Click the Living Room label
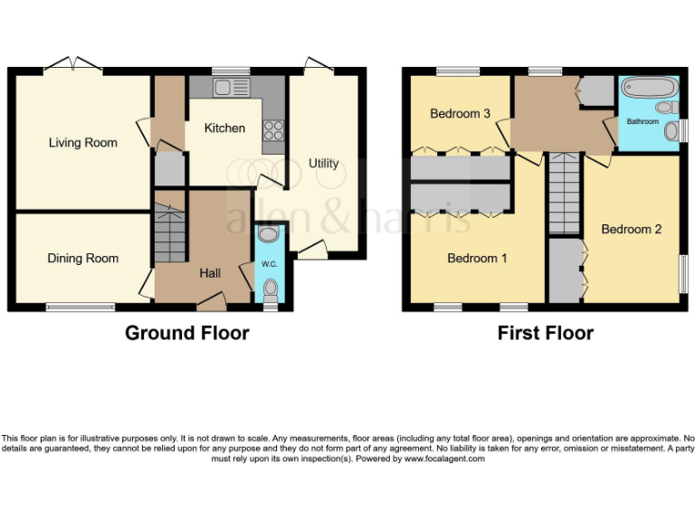83,143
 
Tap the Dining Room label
83,259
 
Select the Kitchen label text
224,128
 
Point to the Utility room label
323,164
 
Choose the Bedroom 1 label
477,259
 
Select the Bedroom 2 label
632,229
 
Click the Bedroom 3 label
460,114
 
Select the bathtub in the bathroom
650,90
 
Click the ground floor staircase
169,232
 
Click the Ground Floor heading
186,333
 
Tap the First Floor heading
545,333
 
